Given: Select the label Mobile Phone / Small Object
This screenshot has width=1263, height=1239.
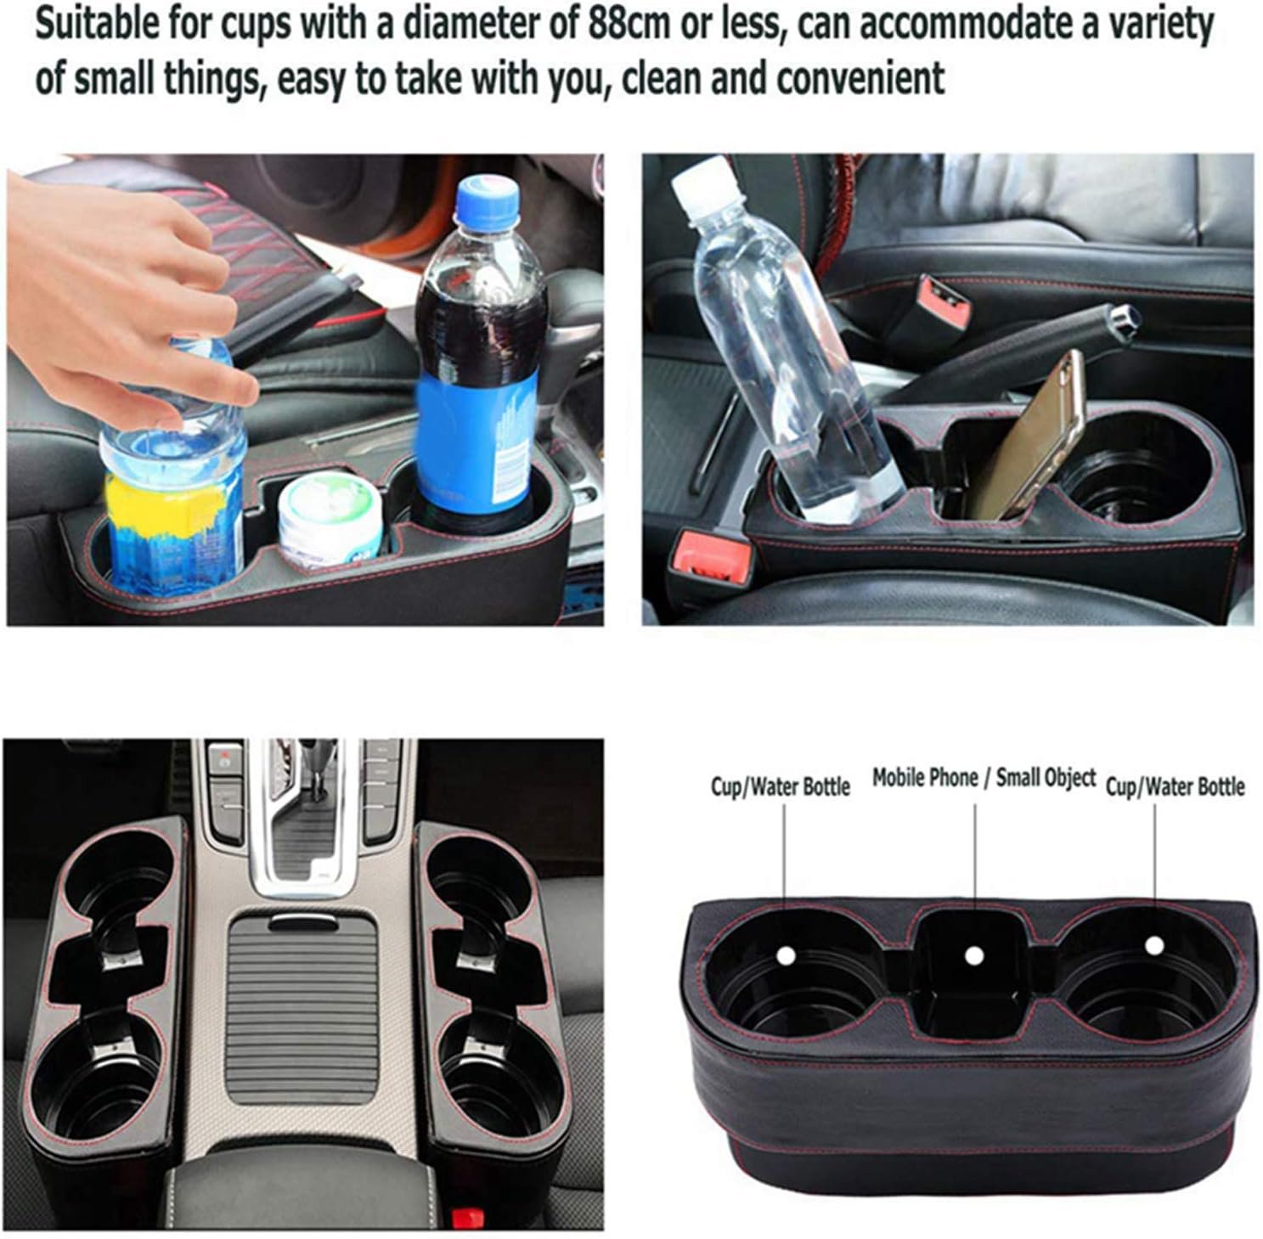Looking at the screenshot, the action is tap(984, 777).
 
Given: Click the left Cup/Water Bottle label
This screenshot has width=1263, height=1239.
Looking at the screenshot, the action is tap(780, 787).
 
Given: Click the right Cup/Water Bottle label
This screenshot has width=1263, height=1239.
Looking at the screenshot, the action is tap(1175, 787).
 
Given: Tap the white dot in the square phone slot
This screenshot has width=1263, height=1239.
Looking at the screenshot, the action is tap(974, 955).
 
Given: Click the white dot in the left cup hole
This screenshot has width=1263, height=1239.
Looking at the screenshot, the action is tap(786, 955).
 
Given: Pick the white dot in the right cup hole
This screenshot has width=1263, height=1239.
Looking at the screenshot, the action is tap(1153, 944).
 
